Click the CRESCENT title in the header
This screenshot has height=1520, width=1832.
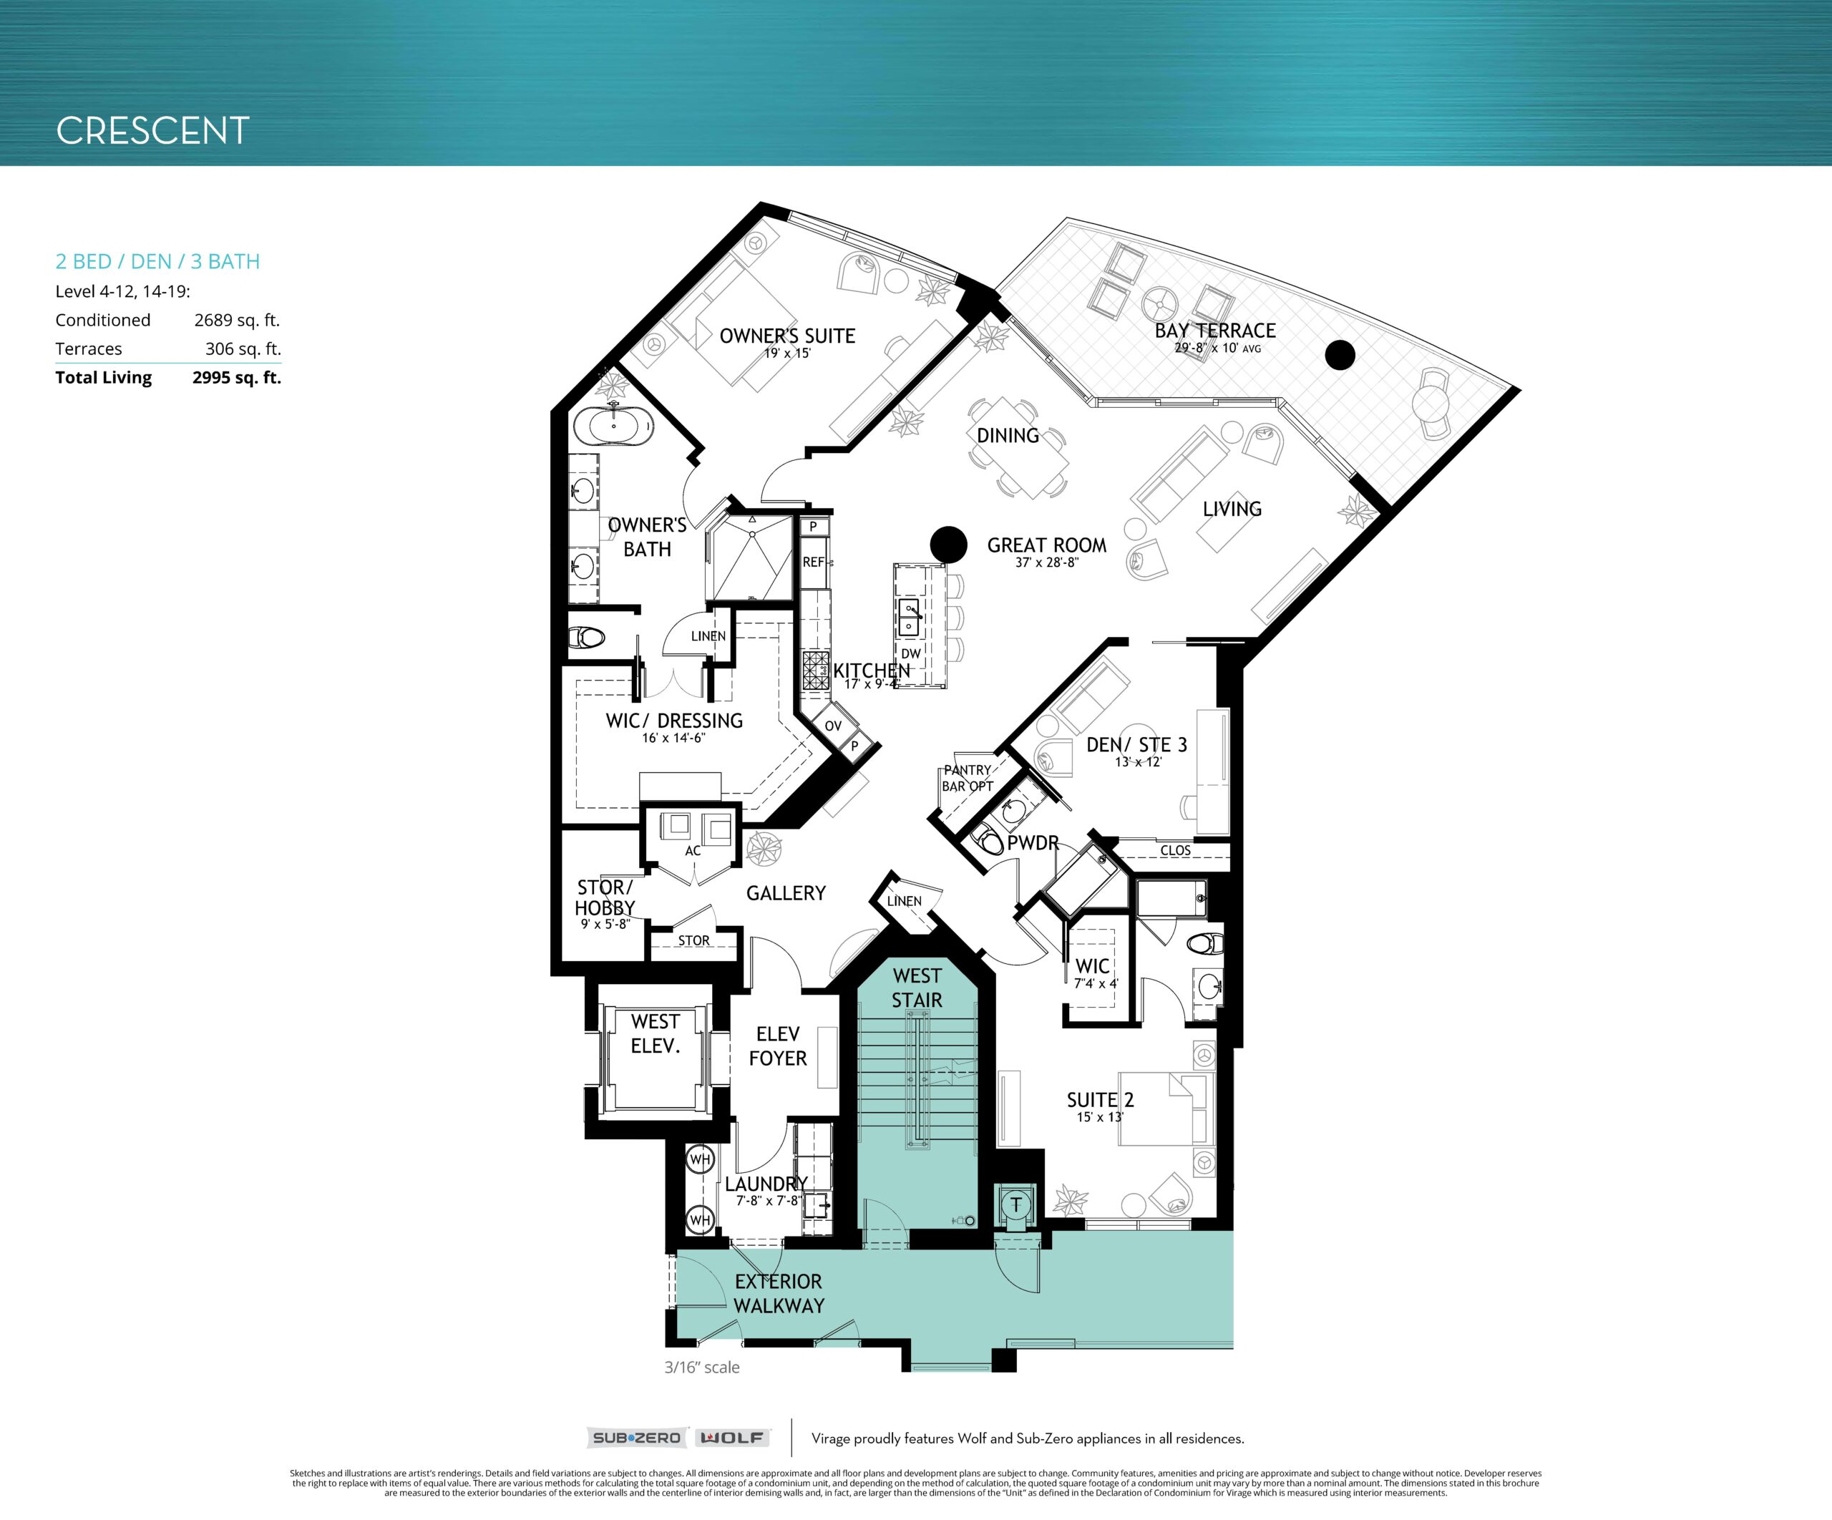pyautogui.click(x=152, y=131)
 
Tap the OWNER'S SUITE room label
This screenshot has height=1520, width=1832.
pyautogui.click(x=787, y=336)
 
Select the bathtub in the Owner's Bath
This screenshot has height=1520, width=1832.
pyautogui.click(x=613, y=427)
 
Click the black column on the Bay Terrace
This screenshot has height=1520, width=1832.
pyautogui.click(x=1340, y=354)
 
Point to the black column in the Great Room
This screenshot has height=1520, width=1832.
pyautogui.click(x=948, y=545)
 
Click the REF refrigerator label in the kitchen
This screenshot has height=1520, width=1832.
pyautogui.click(x=813, y=562)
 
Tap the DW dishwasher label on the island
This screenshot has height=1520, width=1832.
pyautogui.click(x=911, y=653)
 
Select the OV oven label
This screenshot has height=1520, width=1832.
pyautogui.click(x=833, y=726)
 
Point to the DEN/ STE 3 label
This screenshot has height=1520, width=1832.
pyautogui.click(x=1136, y=744)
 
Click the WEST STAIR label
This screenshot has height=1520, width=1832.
pyautogui.click(x=917, y=988)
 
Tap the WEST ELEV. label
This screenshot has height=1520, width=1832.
pyautogui.click(x=656, y=1033)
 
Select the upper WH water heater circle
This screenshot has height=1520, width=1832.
pyautogui.click(x=700, y=1159)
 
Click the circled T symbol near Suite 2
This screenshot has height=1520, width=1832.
pyautogui.click(x=1015, y=1206)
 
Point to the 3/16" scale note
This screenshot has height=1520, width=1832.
pyautogui.click(x=701, y=1368)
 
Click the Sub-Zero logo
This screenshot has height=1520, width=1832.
pyautogui.click(x=636, y=1438)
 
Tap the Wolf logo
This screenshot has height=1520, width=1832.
pyautogui.click(x=731, y=1438)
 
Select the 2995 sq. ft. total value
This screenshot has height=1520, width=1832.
pyautogui.click(x=238, y=378)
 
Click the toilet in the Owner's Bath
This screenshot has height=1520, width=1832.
pyautogui.click(x=586, y=638)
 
